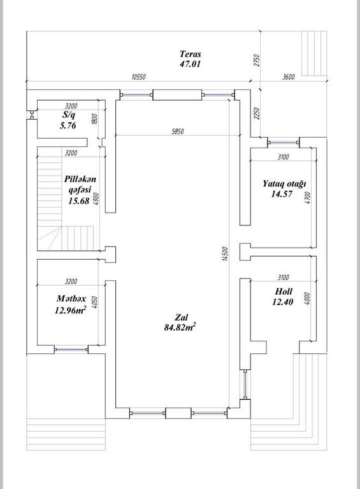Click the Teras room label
(191, 54)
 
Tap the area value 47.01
(190, 64)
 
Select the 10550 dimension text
(138, 76)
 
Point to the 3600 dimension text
(289, 76)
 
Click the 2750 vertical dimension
(256, 60)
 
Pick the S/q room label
(69, 115)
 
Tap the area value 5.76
(68, 125)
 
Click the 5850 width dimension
(178, 132)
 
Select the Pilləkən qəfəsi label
(80, 184)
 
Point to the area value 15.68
(79, 201)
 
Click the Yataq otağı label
(284, 183)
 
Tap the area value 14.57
(282, 194)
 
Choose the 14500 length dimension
(225, 253)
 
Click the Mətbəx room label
(71, 299)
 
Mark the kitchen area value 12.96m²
(71, 310)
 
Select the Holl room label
(284, 291)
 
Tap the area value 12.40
(283, 302)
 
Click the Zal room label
(181, 317)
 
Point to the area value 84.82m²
(180, 327)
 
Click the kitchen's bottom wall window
(71, 350)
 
